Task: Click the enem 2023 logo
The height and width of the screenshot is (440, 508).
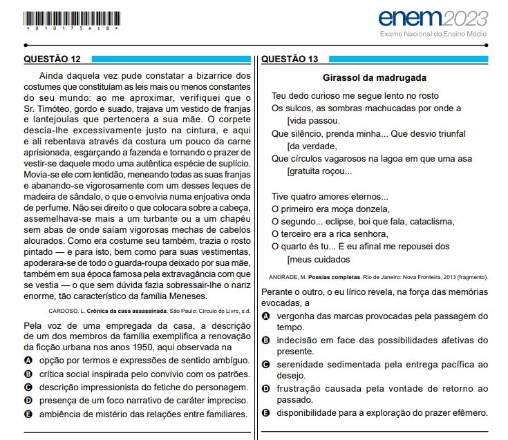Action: click(433, 18)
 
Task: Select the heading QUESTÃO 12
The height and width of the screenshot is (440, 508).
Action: click(52, 59)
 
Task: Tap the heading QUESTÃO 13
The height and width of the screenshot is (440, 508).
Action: click(290, 59)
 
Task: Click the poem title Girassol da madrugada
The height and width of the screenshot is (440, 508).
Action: click(374, 78)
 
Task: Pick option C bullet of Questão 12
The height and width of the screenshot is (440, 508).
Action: click(28, 388)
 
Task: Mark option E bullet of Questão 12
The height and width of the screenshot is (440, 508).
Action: click(28, 414)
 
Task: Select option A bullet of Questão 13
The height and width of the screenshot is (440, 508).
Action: click(266, 315)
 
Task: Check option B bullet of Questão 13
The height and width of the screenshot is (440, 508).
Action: click(266, 340)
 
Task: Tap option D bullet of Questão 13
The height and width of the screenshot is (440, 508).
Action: click(266, 389)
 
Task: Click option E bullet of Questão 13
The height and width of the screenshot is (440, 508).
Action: click(266, 413)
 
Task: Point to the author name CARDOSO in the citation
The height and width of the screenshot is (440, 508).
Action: click(65, 311)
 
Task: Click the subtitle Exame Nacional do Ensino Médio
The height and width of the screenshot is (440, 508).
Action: click(434, 34)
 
